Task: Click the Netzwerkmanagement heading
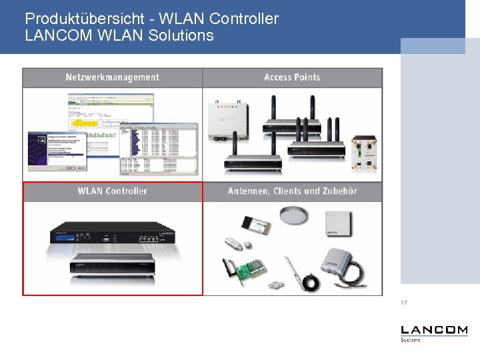click(x=112, y=77)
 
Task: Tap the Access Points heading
click(x=292, y=77)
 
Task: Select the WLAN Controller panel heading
click(x=112, y=191)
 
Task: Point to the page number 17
click(x=404, y=303)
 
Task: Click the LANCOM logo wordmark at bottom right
click(x=434, y=330)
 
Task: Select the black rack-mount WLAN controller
click(x=112, y=234)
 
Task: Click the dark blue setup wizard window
click(x=57, y=151)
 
